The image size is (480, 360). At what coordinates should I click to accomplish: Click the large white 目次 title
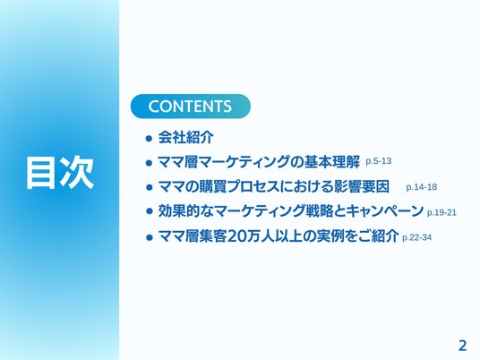pos(60,172)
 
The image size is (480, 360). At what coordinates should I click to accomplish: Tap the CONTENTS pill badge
pos(191,107)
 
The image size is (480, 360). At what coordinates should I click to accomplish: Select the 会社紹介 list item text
pos(185,137)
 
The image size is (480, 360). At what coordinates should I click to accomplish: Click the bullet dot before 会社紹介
pos(149,139)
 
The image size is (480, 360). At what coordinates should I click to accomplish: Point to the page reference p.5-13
pos(379,161)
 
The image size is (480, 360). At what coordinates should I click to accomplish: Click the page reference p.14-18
pos(422,187)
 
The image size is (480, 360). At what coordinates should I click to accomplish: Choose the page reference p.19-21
pos(441,212)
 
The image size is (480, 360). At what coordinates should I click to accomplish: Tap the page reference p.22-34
pos(417,237)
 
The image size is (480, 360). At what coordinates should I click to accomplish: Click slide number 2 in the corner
pos(462,346)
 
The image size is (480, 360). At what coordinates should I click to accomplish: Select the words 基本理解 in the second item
pos(332,162)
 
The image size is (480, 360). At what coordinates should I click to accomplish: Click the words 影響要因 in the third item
pos(361,187)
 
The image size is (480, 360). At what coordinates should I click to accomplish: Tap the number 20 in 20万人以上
pos(237,236)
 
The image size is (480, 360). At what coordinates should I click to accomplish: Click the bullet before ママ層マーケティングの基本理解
pos(149,163)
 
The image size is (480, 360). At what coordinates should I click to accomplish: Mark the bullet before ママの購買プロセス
pos(149,187)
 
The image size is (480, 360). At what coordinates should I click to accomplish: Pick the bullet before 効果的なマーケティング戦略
pos(149,211)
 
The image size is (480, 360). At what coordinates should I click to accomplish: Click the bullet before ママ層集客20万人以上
pos(149,237)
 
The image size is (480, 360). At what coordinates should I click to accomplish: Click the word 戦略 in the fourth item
pos(320,211)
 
